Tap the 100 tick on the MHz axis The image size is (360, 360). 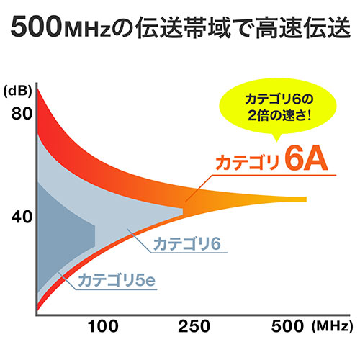pos(105,327)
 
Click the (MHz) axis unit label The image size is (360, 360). pos(332,327)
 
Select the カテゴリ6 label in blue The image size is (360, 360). pos(184,244)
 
